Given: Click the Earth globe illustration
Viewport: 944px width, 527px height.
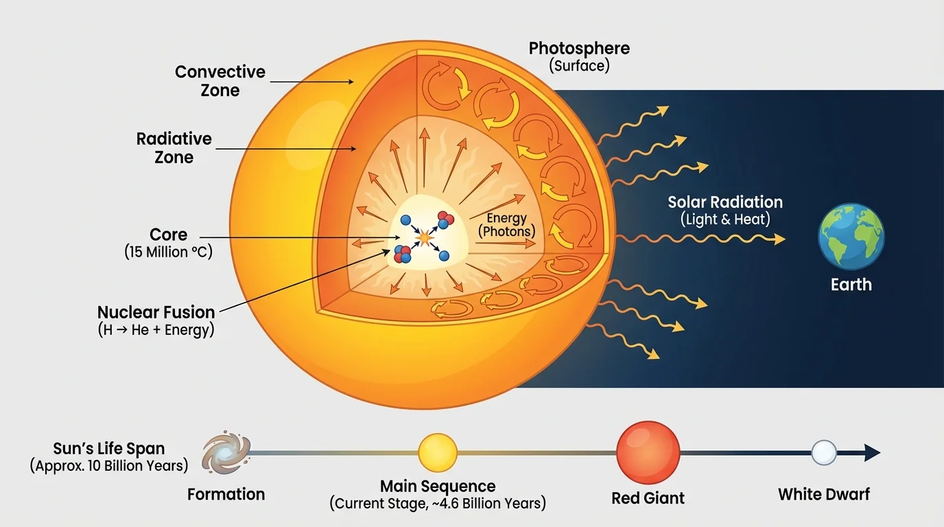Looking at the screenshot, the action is [x=851, y=235].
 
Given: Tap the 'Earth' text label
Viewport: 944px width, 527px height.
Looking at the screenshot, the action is [x=851, y=284].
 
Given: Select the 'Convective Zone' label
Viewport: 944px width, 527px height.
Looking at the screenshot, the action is [x=220, y=81].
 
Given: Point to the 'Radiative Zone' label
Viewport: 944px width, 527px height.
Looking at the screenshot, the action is [x=174, y=148].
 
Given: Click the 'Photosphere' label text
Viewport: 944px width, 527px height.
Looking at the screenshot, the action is [x=579, y=49].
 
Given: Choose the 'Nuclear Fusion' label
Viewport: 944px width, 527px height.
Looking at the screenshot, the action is [x=156, y=312].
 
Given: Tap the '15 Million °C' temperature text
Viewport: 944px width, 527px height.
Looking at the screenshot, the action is [x=169, y=252].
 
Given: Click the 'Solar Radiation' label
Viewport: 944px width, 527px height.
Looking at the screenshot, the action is [x=725, y=202].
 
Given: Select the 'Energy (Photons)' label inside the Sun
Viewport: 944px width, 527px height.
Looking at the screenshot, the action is [x=508, y=225].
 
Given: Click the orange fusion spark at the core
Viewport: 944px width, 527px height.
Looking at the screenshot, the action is [x=424, y=237].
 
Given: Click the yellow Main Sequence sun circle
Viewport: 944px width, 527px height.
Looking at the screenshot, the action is [x=438, y=454].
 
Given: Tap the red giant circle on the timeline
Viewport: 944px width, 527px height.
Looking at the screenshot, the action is [x=648, y=453].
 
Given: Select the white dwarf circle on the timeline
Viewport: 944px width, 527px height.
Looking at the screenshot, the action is [x=824, y=453].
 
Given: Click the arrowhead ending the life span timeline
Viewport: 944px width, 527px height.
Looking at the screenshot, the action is [x=872, y=453].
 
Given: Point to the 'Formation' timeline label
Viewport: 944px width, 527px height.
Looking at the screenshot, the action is [x=226, y=494].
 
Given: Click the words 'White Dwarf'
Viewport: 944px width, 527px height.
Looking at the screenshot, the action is [x=824, y=494].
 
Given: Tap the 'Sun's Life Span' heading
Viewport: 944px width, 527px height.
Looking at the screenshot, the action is [x=109, y=449].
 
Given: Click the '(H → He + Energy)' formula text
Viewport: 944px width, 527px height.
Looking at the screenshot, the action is [x=156, y=329].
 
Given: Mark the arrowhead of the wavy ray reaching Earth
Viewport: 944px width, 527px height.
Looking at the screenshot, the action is [x=779, y=239].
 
